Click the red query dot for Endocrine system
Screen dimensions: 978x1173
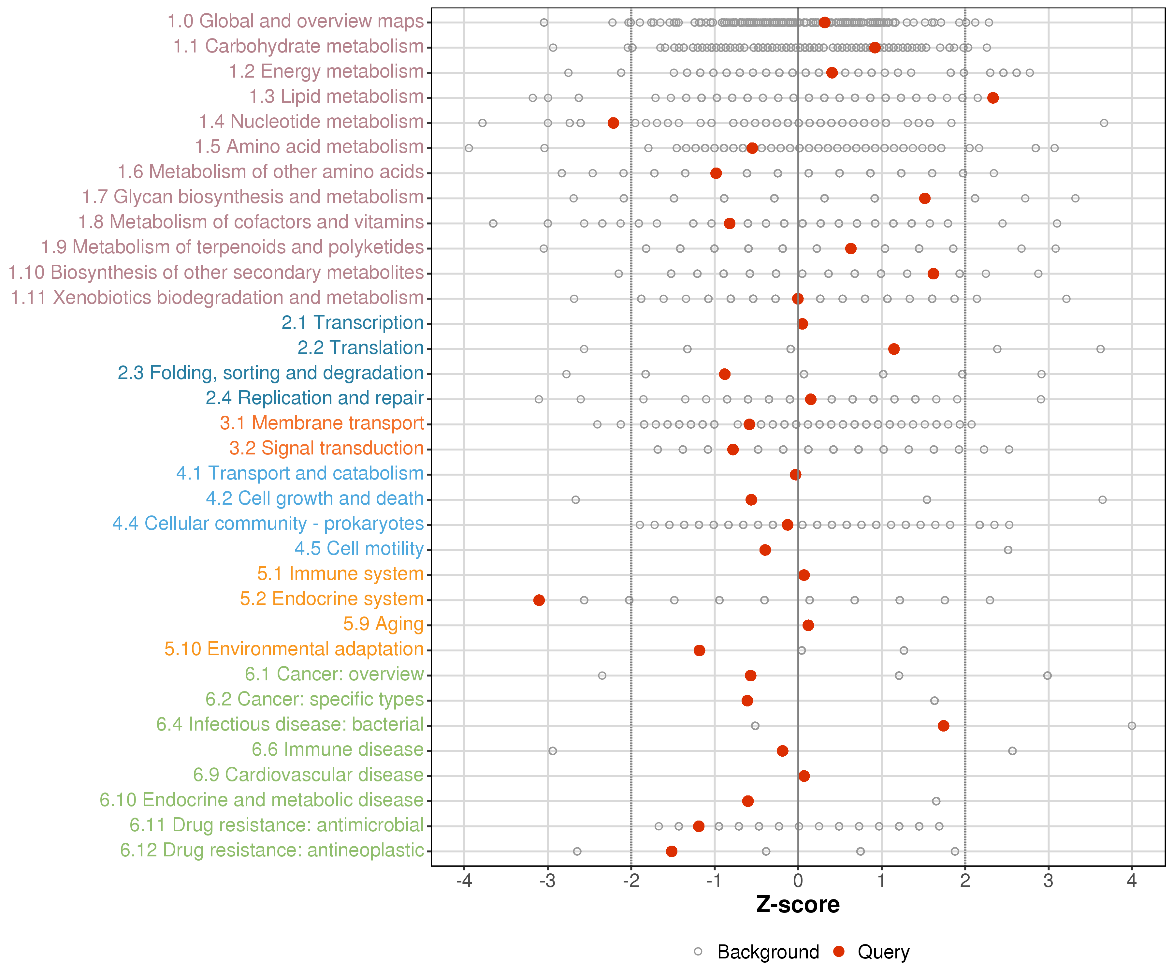tap(539, 600)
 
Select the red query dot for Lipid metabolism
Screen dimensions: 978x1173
tap(992, 98)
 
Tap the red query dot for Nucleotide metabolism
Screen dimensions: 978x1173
tap(613, 123)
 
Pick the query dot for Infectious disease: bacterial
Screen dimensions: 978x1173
tap(943, 726)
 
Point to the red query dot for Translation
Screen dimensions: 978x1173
tap(894, 349)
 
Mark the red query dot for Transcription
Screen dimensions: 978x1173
tap(802, 324)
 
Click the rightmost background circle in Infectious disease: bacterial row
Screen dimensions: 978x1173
tap(1132, 726)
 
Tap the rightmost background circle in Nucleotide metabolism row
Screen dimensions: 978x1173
tap(1104, 123)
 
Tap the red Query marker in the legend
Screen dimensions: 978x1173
tap(838, 951)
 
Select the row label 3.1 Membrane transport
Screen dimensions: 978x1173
tap(322, 423)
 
